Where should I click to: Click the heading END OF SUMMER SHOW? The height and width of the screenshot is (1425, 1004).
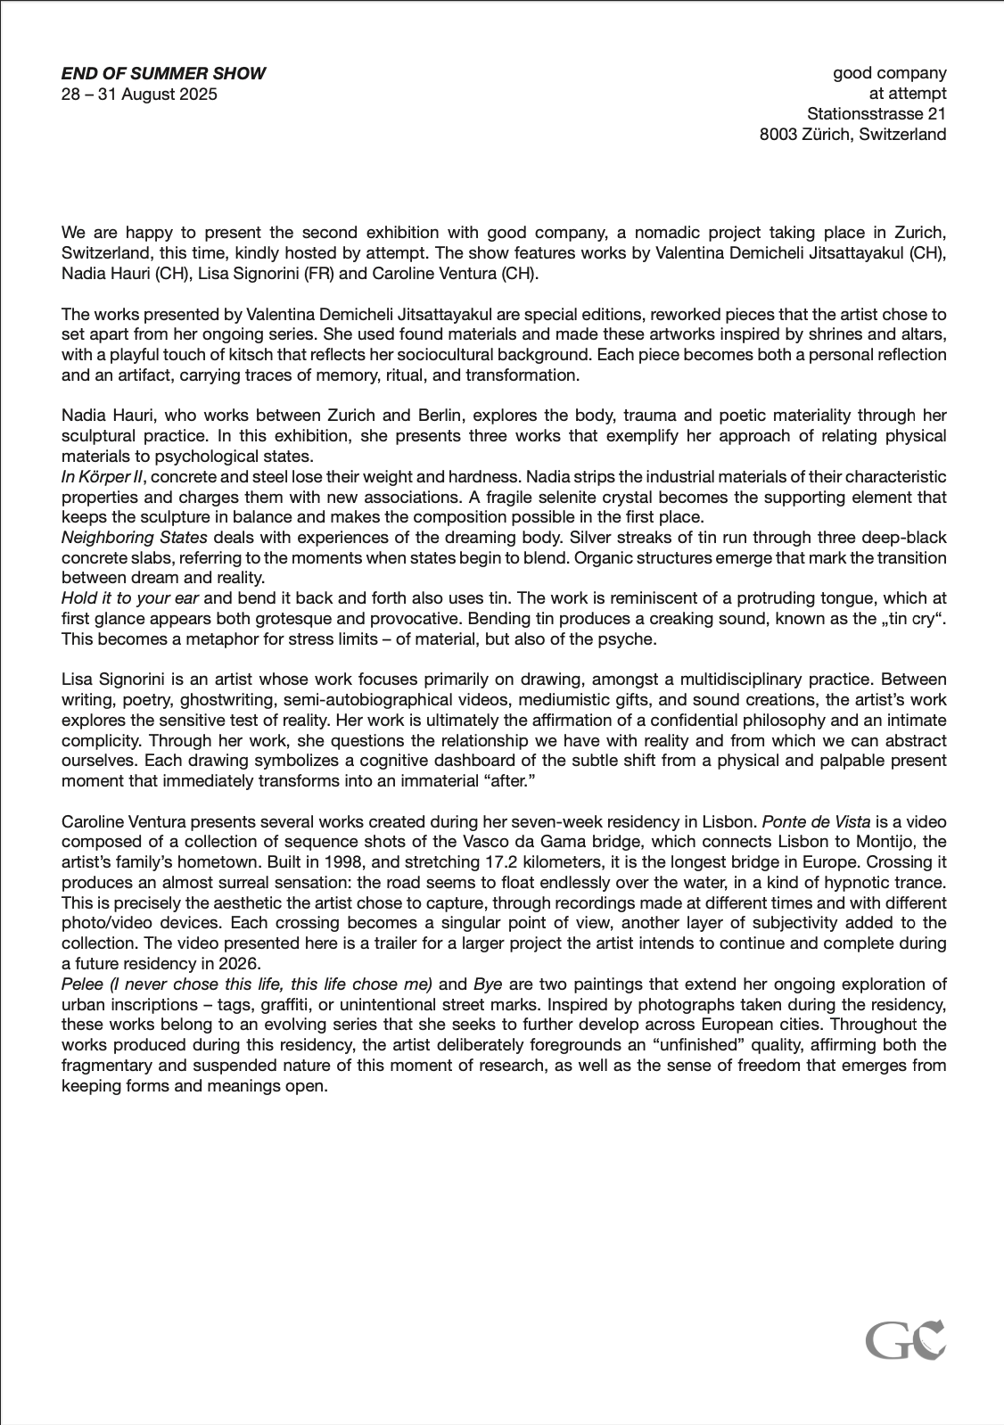tap(163, 74)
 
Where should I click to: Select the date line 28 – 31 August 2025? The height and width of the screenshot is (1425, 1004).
tap(139, 95)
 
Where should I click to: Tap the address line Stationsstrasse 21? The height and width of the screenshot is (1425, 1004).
tap(876, 114)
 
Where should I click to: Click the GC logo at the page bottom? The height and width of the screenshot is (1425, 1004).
tap(905, 1339)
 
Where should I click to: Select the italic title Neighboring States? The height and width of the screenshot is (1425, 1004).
tap(135, 538)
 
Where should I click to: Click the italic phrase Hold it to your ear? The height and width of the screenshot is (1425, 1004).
tap(130, 598)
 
